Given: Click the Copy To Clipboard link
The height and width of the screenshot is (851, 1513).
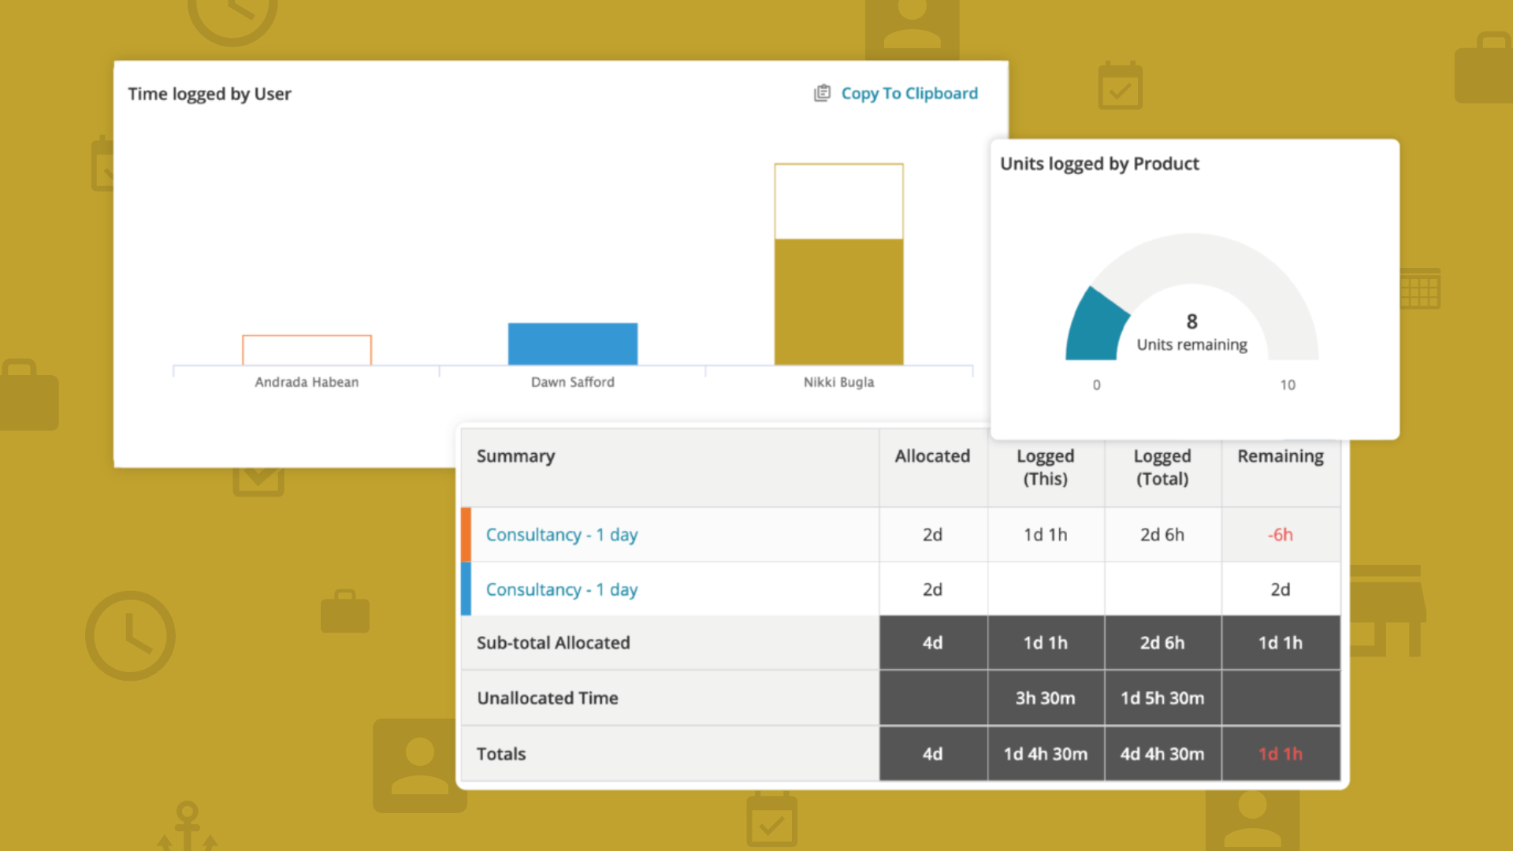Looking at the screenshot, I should [909, 94].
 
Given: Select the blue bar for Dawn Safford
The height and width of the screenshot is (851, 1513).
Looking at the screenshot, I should [572, 344].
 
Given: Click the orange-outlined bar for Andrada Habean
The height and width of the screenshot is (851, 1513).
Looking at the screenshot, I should [307, 350].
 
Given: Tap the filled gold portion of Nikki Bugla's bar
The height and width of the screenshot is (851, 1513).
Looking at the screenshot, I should [838, 302].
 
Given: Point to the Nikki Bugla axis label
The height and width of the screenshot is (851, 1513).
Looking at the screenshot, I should [838, 382].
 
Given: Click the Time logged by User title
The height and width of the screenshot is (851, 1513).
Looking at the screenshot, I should [210, 94].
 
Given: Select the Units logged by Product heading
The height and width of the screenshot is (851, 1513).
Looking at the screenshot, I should [1099, 164].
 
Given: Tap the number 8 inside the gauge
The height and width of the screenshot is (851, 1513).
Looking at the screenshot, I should [1191, 321].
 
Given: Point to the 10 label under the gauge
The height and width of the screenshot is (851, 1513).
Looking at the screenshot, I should [1287, 385].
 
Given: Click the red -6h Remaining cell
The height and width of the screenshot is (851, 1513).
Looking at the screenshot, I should [1280, 535].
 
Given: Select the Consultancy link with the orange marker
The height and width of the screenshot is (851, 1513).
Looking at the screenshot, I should [561, 535].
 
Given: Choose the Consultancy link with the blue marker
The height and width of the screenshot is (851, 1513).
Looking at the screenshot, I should [561, 590].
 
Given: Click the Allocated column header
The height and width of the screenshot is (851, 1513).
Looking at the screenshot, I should [932, 456].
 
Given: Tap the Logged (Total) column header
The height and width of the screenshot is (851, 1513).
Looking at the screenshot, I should [1162, 467].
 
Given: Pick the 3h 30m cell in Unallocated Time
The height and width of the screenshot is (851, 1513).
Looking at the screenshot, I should [1045, 698].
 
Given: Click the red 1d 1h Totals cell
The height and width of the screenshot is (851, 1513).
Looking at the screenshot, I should [1280, 754].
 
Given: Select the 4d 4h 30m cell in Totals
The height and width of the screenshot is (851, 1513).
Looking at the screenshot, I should [1162, 754].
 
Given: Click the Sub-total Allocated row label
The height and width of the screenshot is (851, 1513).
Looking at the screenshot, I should [553, 643].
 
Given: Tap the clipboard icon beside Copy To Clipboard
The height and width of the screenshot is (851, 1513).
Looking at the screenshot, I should [822, 93].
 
